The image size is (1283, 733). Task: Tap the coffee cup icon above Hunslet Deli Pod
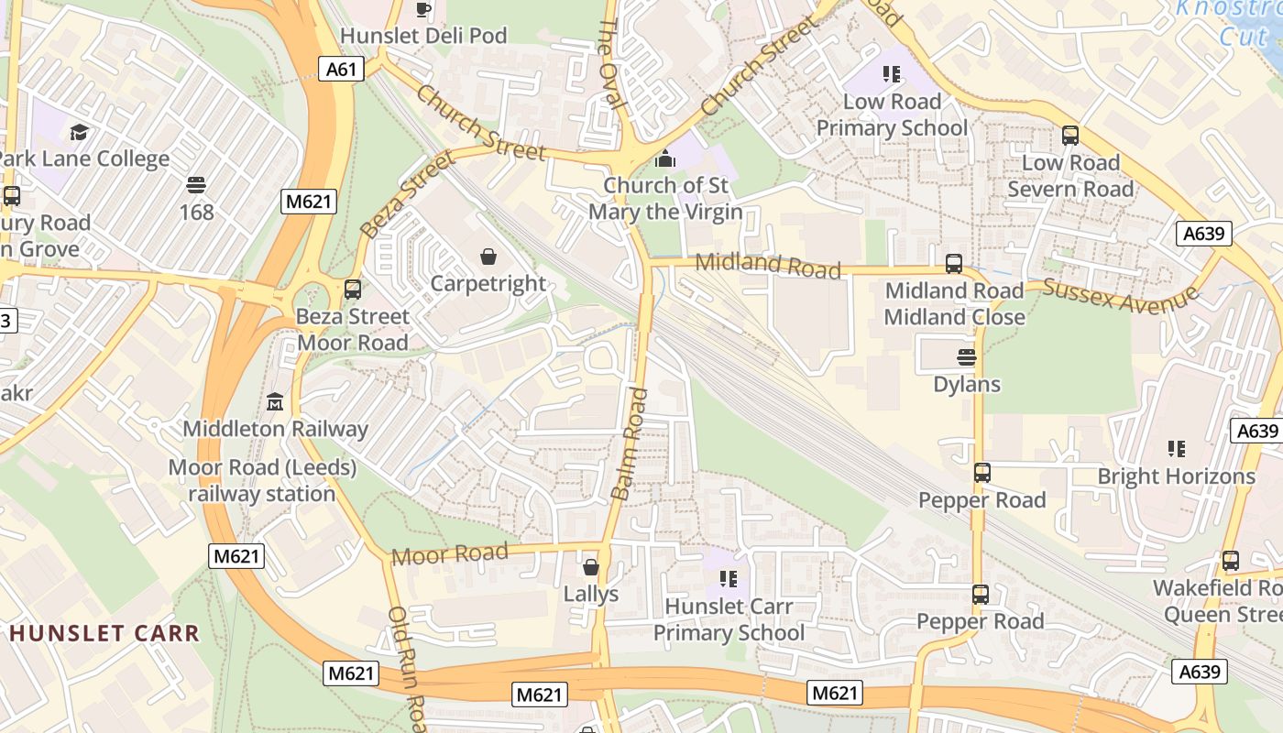pyautogui.click(x=422, y=9)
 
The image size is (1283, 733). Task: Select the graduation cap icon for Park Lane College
pyautogui.click(x=79, y=132)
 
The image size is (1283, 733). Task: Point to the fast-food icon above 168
pyautogui.click(x=195, y=185)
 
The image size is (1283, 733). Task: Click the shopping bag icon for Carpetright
pyautogui.click(x=488, y=257)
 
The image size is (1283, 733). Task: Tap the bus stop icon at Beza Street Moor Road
pyautogui.click(x=353, y=290)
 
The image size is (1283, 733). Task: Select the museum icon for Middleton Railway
pyautogui.click(x=275, y=401)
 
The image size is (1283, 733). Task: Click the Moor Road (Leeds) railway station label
pyautogui.click(x=262, y=481)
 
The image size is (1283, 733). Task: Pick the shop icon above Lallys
pyautogui.click(x=591, y=567)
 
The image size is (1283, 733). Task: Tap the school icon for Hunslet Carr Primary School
pyautogui.click(x=729, y=579)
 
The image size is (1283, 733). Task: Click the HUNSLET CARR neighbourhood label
pyautogui.click(x=104, y=633)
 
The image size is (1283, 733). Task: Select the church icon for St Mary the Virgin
pyautogui.click(x=665, y=159)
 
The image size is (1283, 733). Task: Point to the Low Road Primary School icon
pyautogui.click(x=891, y=74)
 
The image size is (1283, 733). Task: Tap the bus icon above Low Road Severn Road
pyautogui.click(x=1069, y=136)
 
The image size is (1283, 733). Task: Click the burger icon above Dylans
pyautogui.click(x=967, y=356)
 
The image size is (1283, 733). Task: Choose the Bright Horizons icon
pyautogui.click(x=1177, y=449)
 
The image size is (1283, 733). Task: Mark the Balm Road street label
pyautogui.click(x=629, y=444)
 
